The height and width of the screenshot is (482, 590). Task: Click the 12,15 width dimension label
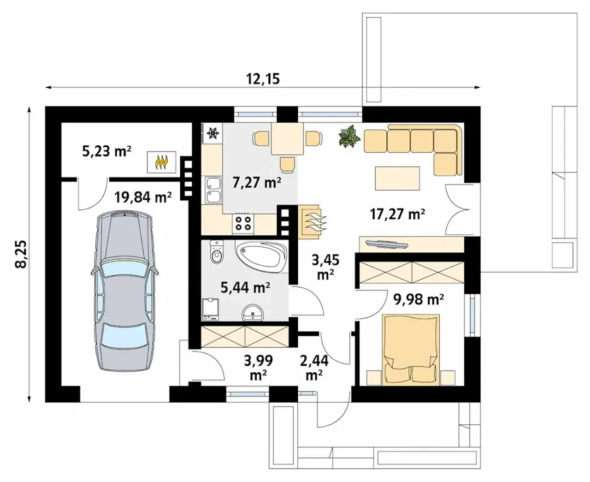tap(263, 79)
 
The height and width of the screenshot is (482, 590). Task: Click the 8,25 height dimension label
tap(21, 254)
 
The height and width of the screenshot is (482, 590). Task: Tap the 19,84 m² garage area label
tap(143, 197)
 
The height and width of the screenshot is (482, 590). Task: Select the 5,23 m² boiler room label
tap(106, 151)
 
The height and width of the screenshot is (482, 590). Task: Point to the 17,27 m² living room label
tap(397, 214)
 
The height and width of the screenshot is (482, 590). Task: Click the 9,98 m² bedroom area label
tap(419, 299)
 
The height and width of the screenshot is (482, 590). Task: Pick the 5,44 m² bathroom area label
tap(245, 287)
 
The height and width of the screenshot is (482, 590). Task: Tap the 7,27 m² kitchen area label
tap(257, 183)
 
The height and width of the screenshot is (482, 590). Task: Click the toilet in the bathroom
tap(217, 252)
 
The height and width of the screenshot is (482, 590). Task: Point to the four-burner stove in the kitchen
tap(243, 224)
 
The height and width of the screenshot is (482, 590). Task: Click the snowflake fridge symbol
tap(213, 133)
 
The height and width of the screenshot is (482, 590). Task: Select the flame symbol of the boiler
tap(162, 162)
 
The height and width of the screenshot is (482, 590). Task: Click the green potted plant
tap(349, 136)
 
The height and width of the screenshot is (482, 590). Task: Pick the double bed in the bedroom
tap(410, 350)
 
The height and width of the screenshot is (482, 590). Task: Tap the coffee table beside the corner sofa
tap(397, 179)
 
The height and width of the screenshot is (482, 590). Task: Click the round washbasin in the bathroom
tap(252, 313)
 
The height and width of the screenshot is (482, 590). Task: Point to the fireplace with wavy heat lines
tap(311, 222)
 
